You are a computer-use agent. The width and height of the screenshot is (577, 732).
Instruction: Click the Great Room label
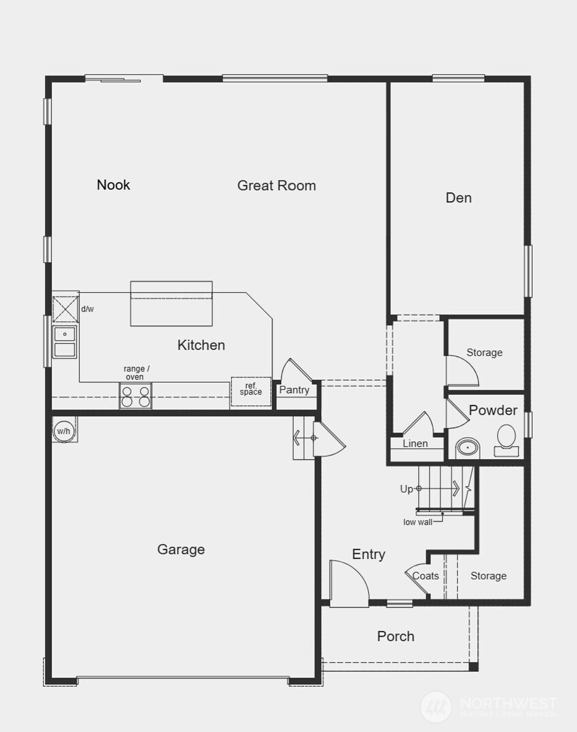[x=276, y=185]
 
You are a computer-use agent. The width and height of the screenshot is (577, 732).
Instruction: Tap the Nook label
[x=113, y=185]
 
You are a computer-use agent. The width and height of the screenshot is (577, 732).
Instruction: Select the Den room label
[x=458, y=198]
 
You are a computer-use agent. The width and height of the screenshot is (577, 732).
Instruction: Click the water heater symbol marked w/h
[x=64, y=431]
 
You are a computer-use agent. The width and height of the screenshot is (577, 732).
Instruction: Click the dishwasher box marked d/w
[x=65, y=309]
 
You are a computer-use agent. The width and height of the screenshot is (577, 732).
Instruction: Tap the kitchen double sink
[x=65, y=342]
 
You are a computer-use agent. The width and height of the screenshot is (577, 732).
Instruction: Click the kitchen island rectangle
[x=171, y=304]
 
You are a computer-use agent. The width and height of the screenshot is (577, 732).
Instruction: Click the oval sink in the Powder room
[x=467, y=448]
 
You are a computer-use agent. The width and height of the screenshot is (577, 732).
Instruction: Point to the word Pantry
[x=294, y=390]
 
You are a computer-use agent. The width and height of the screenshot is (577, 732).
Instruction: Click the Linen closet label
[x=415, y=443]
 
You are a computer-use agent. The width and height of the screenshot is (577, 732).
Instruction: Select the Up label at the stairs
[x=406, y=489]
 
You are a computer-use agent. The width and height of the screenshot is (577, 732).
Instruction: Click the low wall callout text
[x=418, y=522]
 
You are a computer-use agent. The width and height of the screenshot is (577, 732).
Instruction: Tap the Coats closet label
[x=425, y=576]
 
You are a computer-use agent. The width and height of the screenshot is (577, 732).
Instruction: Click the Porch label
[x=396, y=636]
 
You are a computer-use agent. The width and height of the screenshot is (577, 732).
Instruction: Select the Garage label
[x=181, y=549]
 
